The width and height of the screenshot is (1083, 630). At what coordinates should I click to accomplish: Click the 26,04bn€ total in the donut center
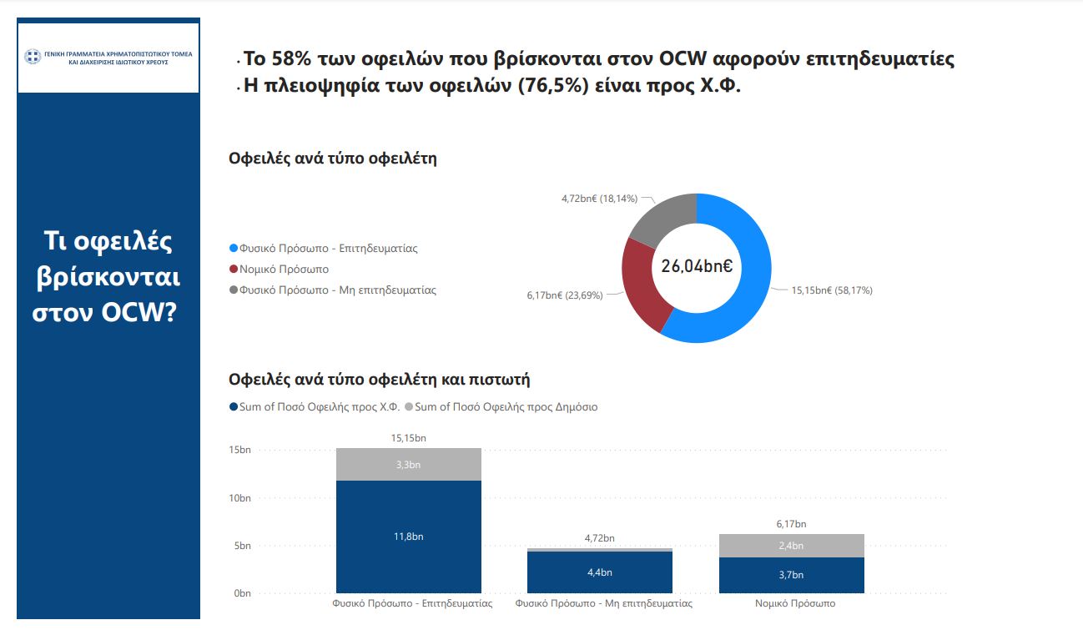coord(697,267)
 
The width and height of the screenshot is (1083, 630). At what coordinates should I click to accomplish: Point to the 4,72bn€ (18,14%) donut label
coord(599,199)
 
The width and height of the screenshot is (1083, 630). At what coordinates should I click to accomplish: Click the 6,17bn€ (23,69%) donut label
coord(564,295)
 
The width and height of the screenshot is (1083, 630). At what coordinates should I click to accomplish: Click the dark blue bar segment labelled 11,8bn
coord(409,537)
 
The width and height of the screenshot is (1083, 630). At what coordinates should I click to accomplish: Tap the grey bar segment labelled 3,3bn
coord(409,465)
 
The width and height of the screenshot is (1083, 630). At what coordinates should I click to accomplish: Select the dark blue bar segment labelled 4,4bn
coord(600,572)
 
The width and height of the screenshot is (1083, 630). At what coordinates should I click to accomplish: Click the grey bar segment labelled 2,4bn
coord(790,546)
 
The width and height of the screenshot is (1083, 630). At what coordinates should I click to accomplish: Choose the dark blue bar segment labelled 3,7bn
coord(790,575)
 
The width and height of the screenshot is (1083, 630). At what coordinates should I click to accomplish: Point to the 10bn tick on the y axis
coord(239,498)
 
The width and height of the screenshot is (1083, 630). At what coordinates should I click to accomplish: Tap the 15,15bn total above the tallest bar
coord(409,437)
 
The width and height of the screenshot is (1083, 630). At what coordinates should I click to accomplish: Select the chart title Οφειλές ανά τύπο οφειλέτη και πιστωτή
coord(380,380)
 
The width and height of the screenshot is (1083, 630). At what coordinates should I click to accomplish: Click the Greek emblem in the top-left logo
coord(33,58)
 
